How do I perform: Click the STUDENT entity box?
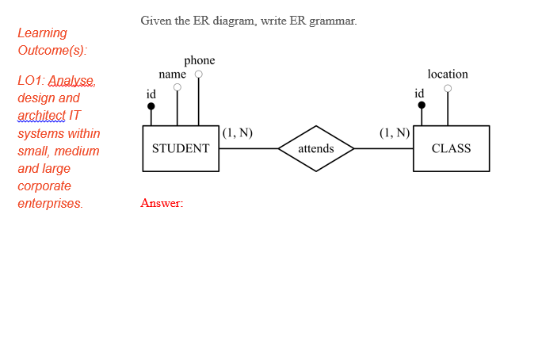click(x=181, y=148)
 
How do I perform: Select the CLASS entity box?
click(x=451, y=148)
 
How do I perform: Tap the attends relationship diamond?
click(x=316, y=148)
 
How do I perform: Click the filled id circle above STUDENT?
click(x=151, y=105)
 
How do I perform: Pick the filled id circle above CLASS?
click(x=422, y=105)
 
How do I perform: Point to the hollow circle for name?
click(x=177, y=87)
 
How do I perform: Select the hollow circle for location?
click(x=448, y=88)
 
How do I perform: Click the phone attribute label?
click(x=199, y=60)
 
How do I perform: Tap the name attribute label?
click(x=172, y=74)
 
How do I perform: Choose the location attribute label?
click(x=448, y=74)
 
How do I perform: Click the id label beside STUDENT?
click(x=151, y=94)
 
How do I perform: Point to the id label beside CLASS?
click(x=419, y=93)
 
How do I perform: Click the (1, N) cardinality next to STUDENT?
click(x=238, y=132)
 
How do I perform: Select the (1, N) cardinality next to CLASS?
click(x=395, y=132)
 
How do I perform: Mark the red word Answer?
click(x=162, y=203)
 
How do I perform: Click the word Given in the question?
click(x=155, y=21)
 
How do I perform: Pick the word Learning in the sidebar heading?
click(x=42, y=33)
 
